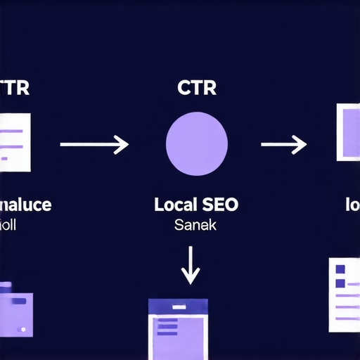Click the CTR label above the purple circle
pos(196,89)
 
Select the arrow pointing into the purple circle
pos(94,145)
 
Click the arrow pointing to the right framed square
pos(283,145)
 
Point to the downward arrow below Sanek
pos(191,265)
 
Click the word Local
pos(174,205)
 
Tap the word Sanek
pos(195,226)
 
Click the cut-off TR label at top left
pos(14,89)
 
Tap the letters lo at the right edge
pos(352,205)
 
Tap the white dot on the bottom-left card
pos(24,328)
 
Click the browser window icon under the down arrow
pos(180,329)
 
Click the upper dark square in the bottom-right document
pos(340,269)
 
